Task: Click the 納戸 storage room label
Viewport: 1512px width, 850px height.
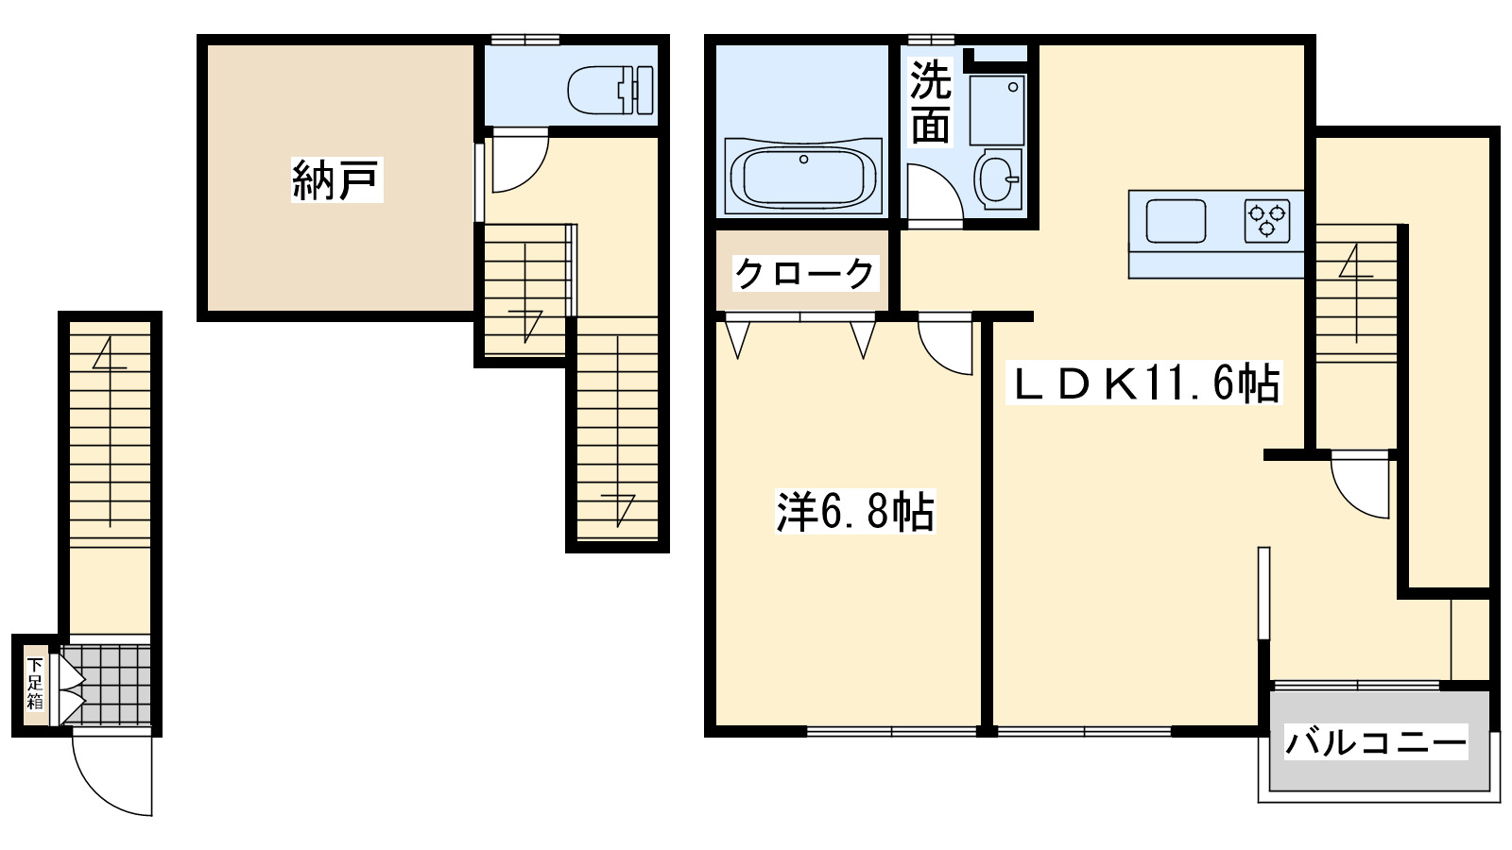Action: coord(336,179)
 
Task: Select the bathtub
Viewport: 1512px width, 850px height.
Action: coord(803,177)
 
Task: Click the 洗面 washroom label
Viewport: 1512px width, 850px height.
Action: coord(930,102)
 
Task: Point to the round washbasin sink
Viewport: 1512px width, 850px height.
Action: coord(998,178)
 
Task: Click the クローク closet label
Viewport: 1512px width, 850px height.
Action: coord(804,274)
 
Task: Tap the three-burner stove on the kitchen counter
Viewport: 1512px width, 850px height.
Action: coord(1267,221)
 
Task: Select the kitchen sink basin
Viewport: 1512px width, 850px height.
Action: coord(1176,221)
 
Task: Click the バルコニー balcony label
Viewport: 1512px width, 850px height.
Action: coord(1375,742)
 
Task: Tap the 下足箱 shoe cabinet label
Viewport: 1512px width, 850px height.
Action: coord(35,683)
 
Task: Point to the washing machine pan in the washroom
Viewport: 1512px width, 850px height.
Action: coord(997,110)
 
